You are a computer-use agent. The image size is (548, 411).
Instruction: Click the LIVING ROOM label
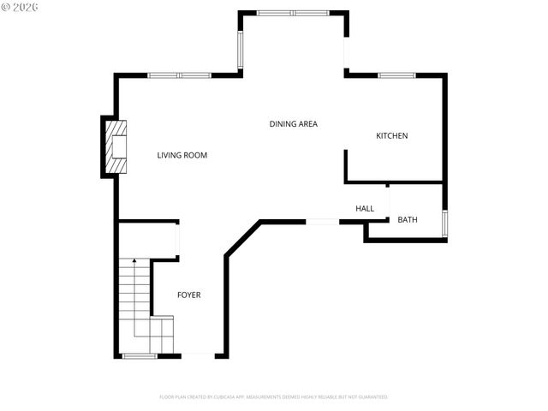[x=182, y=155]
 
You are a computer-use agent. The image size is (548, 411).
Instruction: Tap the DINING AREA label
[x=294, y=124]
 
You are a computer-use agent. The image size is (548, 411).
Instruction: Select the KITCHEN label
[x=392, y=136]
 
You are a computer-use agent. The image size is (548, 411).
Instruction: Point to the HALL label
[x=365, y=208]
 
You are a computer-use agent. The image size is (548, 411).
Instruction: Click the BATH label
[x=408, y=220]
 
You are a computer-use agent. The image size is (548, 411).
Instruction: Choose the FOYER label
[x=189, y=295]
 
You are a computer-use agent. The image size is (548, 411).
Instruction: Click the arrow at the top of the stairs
[x=134, y=259]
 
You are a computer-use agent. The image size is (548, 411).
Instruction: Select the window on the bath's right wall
[x=444, y=222]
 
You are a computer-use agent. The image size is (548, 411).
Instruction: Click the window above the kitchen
[x=396, y=75]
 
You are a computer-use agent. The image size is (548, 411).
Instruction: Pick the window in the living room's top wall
[x=179, y=75]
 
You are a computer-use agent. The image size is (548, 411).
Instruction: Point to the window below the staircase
[x=139, y=355]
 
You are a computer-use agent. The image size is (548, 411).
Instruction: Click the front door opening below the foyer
[x=197, y=355]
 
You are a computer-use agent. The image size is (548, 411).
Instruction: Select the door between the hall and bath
[x=390, y=203]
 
